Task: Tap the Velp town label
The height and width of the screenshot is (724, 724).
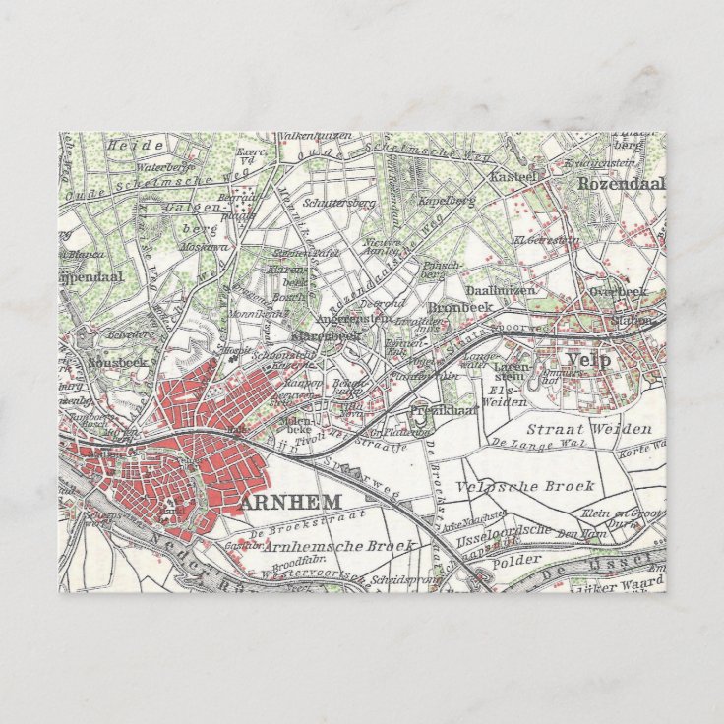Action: pos(589,360)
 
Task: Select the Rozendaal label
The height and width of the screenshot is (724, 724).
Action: pos(622,183)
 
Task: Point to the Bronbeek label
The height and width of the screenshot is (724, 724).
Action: pos(465,306)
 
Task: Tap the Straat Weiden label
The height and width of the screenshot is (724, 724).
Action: pos(588,429)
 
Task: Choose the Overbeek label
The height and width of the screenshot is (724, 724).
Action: pos(617,291)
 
